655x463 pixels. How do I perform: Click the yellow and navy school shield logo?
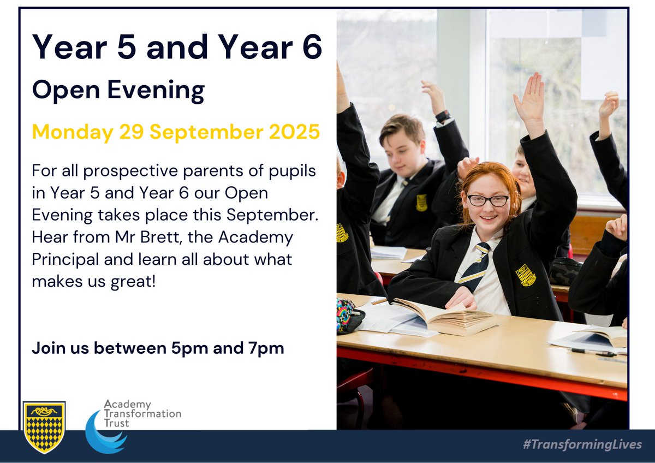click(x=44, y=428)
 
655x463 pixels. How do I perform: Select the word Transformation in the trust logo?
click(x=142, y=414)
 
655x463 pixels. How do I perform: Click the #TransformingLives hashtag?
click(x=582, y=444)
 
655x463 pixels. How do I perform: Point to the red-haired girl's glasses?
click(x=487, y=200)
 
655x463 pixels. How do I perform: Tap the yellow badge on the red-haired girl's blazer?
click(x=526, y=275)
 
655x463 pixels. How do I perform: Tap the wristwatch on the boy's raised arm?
click(x=443, y=116)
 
